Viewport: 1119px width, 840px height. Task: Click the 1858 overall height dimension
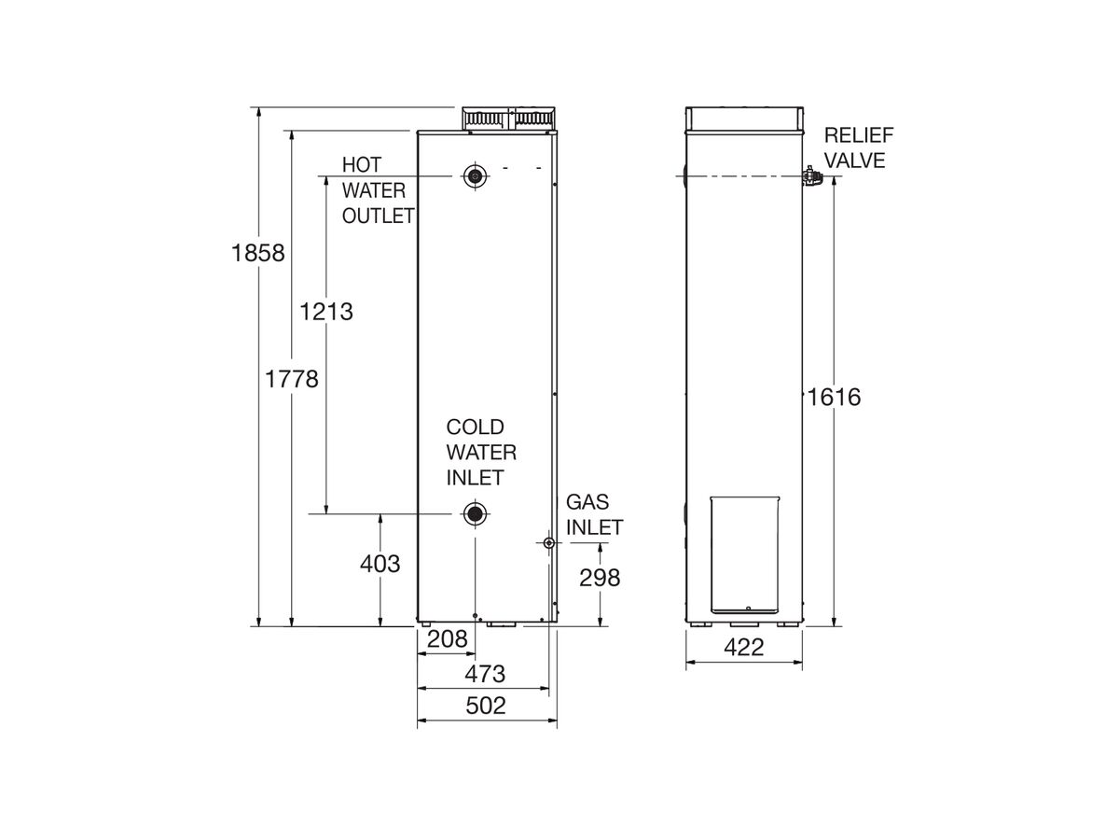[257, 253]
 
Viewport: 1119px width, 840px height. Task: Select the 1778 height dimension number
[292, 380]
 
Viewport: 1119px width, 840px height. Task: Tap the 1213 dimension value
[326, 311]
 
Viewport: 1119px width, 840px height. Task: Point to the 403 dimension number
[380, 564]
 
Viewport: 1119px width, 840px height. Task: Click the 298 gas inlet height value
[600, 578]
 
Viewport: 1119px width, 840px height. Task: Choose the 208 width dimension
[447, 639]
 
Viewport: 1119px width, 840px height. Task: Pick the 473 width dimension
[484, 673]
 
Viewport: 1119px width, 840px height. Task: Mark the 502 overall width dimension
[485, 706]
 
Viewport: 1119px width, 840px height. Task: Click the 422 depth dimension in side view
[743, 648]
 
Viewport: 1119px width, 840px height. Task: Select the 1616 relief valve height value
[835, 398]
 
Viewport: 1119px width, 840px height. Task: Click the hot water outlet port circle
[477, 176]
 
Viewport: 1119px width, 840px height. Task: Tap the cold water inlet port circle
[476, 514]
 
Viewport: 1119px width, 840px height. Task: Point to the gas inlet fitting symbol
[548, 543]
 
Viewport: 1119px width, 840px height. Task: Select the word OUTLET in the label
[378, 217]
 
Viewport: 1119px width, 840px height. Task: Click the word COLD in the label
[475, 427]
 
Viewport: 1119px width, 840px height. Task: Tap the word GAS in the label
[587, 502]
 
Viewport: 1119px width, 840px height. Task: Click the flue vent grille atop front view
[509, 119]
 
